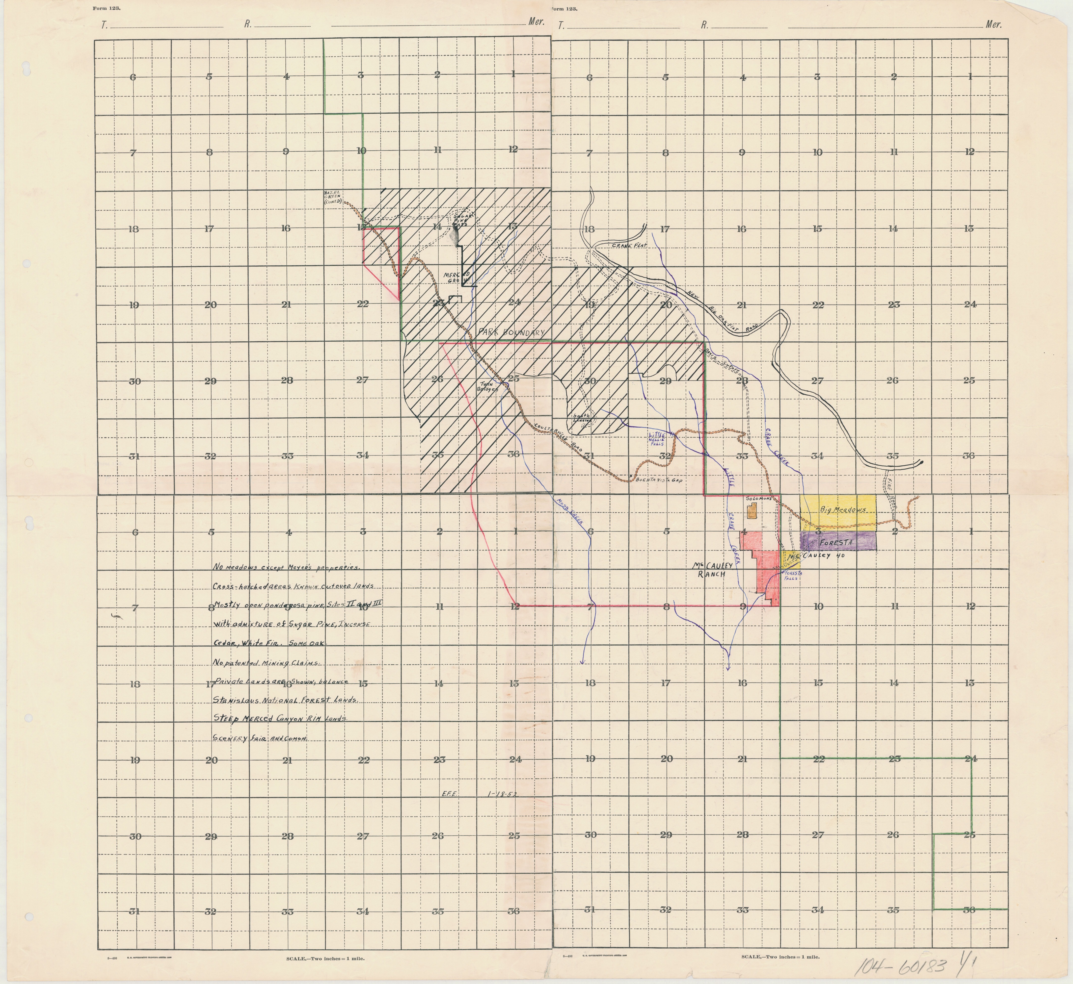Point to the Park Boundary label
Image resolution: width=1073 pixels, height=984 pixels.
(x=512, y=332)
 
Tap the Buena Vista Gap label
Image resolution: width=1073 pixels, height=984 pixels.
(x=659, y=480)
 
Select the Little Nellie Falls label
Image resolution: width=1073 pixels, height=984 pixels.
(x=656, y=439)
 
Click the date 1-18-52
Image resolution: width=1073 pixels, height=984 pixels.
(x=502, y=808)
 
